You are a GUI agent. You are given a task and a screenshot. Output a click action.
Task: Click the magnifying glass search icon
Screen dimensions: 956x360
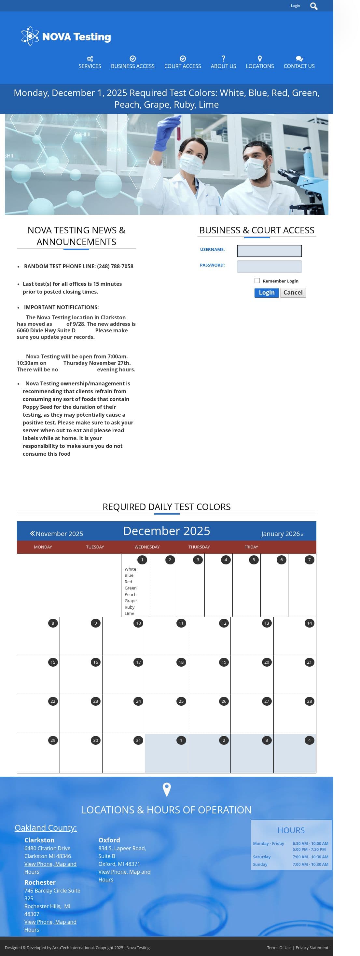pos(313,6)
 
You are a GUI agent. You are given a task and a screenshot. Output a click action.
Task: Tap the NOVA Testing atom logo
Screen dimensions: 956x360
pos(30,36)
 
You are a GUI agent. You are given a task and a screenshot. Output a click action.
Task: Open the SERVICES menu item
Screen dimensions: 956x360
pos(90,62)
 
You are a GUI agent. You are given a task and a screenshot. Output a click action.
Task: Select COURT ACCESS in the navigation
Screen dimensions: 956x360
pos(183,62)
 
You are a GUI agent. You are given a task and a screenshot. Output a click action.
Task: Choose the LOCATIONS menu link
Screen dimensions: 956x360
pos(260,62)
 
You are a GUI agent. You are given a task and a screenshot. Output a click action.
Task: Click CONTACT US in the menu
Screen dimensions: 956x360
pos(299,62)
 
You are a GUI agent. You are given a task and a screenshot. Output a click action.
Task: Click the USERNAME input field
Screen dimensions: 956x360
pos(269,251)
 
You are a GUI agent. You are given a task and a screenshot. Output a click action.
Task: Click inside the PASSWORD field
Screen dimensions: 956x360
pos(269,267)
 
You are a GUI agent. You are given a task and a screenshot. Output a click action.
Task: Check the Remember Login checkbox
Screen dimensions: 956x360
pos(257,281)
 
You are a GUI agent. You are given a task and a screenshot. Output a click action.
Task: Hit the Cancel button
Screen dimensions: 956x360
pos(293,292)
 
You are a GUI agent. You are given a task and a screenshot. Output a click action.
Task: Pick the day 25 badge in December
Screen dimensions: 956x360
pos(181,701)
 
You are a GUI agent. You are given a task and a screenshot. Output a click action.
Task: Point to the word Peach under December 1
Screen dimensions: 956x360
pos(130,594)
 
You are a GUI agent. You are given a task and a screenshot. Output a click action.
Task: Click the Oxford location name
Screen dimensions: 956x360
pos(109,840)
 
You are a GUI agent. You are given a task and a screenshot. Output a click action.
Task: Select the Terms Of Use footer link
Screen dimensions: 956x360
pos(279,948)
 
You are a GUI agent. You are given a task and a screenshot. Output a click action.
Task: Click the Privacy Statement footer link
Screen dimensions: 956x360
pos(312,948)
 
